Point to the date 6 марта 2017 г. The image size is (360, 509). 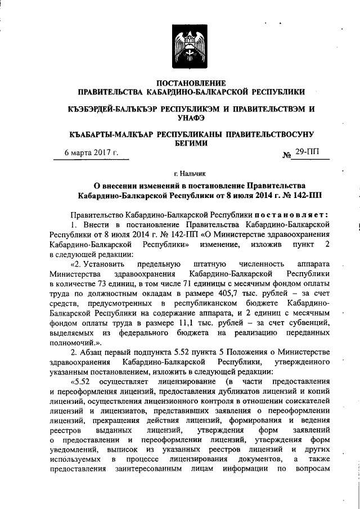coord(92,152)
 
